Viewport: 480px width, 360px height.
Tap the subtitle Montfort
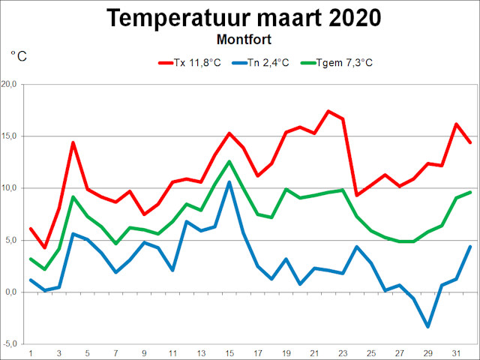[241, 37]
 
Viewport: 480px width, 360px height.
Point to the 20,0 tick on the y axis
[13, 84]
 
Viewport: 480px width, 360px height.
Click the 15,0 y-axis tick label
[13, 136]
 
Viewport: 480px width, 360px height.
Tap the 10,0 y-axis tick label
[13, 187]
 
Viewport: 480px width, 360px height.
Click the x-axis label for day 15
[229, 353]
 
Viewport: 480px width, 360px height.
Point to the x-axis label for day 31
[456, 353]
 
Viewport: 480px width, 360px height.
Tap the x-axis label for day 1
[31, 353]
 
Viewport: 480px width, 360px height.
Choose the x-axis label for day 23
[343, 353]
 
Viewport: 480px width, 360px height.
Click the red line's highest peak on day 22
[328, 111]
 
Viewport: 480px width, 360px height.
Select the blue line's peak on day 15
[229, 182]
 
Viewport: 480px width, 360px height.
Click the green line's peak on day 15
[229, 161]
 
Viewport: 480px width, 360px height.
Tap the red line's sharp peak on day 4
[73, 142]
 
